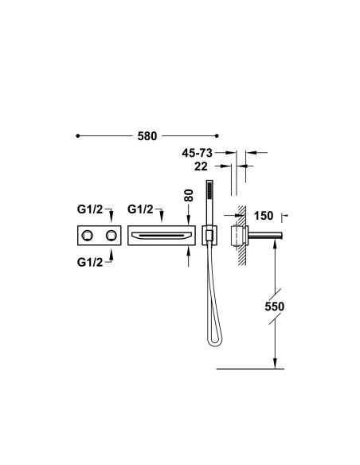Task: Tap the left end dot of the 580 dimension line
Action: pyautogui.click(x=77, y=137)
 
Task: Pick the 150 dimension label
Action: pyautogui.click(x=264, y=215)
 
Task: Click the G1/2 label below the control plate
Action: pyautogui.click(x=91, y=262)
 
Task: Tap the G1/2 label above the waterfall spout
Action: pyautogui.click(x=142, y=210)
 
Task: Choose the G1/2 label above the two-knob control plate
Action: pyautogui.click(x=91, y=210)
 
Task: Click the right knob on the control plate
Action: pyautogui.click(x=107, y=236)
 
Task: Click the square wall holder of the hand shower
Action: pyautogui.click(x=209, y=236)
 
